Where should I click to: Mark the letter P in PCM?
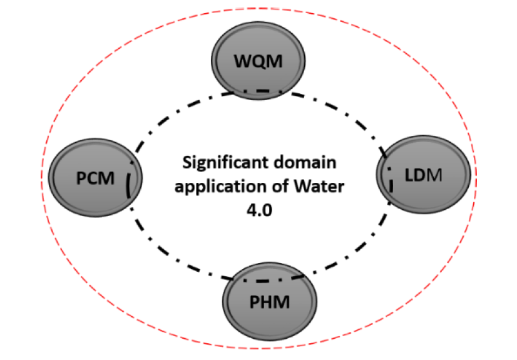pyautogui.click(x=81, y=178)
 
